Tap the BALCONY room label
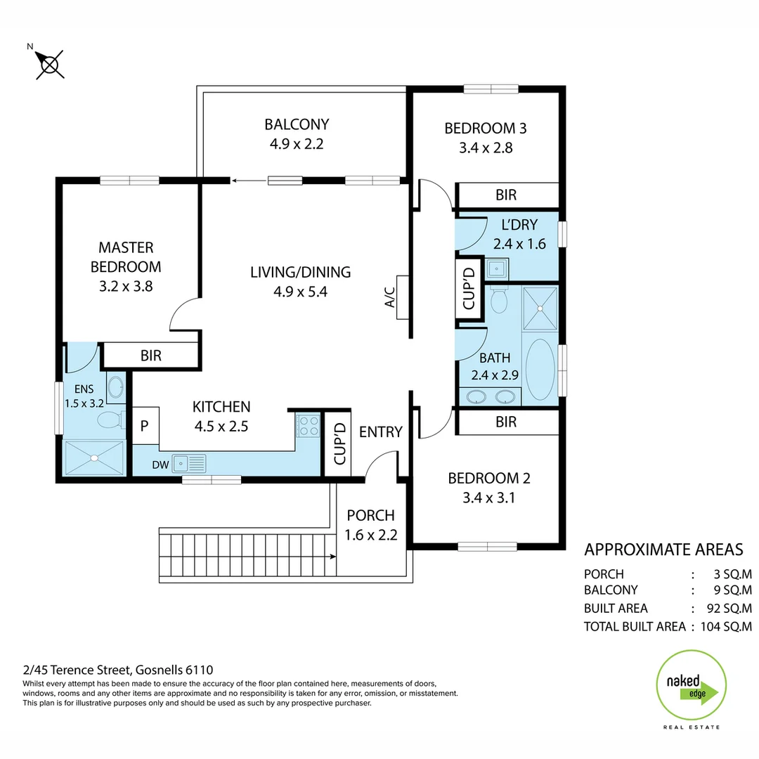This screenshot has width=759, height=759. click(297, 125)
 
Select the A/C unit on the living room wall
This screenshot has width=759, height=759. click(403, 297)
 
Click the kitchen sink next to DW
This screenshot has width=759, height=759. click(189, 464)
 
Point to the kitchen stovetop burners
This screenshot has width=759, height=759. click(308, 425)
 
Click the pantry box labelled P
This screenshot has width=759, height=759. click(145, 425)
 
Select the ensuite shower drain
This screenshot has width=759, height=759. click(93, 458)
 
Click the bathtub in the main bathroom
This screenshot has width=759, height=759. click(540, 370)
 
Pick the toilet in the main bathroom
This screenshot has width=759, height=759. click(499, 299)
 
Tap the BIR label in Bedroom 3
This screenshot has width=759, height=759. click(506, 195)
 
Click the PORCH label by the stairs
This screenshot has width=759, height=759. click(370, 515)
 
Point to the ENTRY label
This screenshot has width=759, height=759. click(380, 432)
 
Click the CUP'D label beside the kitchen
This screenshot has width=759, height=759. click(338, 443)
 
